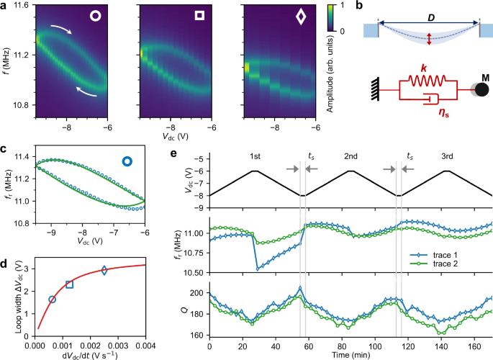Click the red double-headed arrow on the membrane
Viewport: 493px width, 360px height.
coord(430,40)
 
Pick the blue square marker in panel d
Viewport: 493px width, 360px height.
coord(69,284)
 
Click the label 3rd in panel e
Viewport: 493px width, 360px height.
coord(446,156)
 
